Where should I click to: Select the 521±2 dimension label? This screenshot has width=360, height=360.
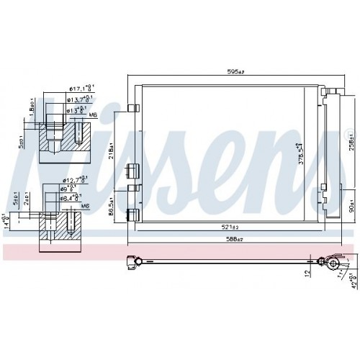(232, 228)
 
